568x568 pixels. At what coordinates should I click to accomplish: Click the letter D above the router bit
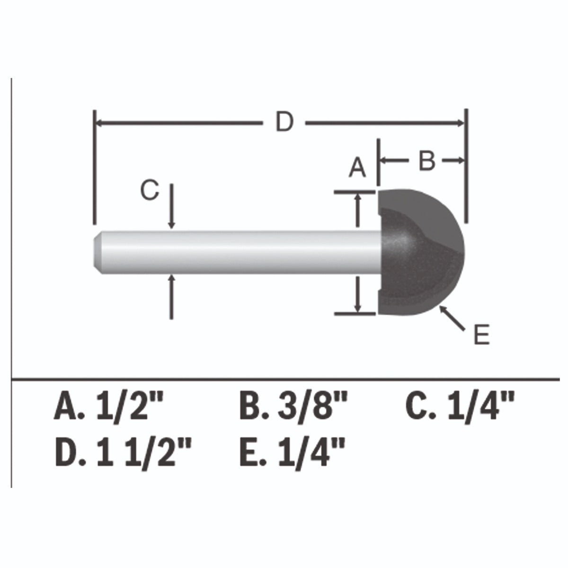(x=284, y=121)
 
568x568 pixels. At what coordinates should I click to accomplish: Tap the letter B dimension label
(x=427, y=160)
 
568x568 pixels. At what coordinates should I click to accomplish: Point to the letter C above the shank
(x=150, y=190)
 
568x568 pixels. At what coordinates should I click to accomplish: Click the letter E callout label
(x=481, y=334)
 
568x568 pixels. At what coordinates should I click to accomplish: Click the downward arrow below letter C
(x=171, y=206)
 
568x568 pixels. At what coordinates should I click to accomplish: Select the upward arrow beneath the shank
(x=171, y=297)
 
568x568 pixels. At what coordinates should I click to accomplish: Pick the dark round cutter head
(x=421, y=252)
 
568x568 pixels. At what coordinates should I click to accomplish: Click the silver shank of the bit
(x=237, y=252)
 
